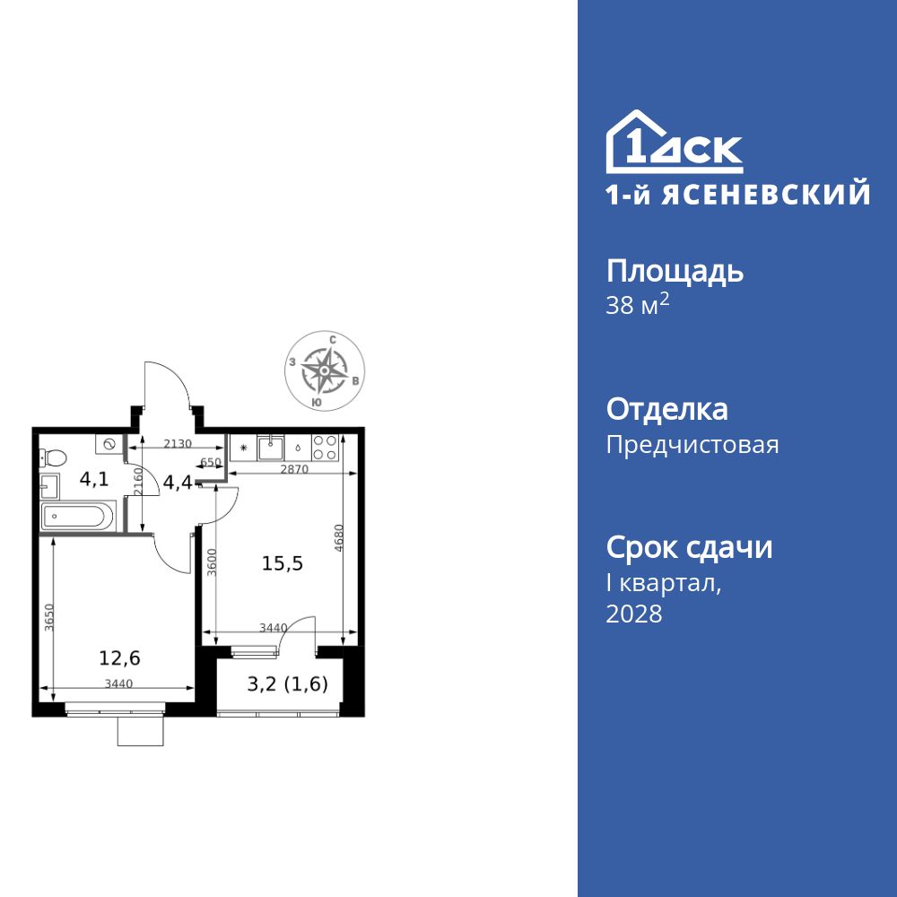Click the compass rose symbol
point(324,371)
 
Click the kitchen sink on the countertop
point(269,446)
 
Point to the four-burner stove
point(326,447)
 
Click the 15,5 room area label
point(283,563)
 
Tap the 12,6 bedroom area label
point(119,658)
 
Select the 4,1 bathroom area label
point(94,479)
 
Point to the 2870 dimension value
point(292,469)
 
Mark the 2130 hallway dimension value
point(178,442)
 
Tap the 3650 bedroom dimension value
point(49,618)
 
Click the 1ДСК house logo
point(675,143)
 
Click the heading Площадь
point(675,271)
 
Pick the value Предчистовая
point(692,445)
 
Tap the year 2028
point(634,614)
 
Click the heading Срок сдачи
point(689,547)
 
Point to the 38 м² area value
point(638,306)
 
